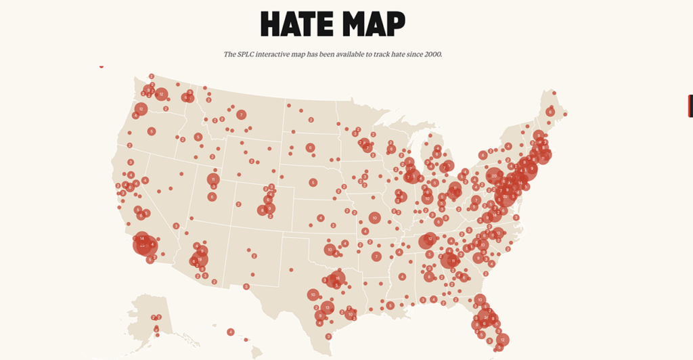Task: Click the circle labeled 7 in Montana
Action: click(x=241, y=115)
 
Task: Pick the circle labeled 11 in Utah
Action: click(x=213, y=179)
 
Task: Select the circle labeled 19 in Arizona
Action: click(x=200, y=259)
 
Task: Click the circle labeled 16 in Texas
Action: click(x=336, y=278)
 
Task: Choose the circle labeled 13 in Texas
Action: click(x=327, y=307)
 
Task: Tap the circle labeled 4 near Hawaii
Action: click(x=231, y=332)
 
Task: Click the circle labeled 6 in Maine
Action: click(x=551, y=112)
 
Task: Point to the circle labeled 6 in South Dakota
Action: click(x=310, y=148)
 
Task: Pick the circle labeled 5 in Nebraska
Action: click(x=313, y=183)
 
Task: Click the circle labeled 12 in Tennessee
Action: click(x=428, y=240)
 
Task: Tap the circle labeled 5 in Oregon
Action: click(x=152, y=131)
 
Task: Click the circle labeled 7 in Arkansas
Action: click(x=376, y=256)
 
